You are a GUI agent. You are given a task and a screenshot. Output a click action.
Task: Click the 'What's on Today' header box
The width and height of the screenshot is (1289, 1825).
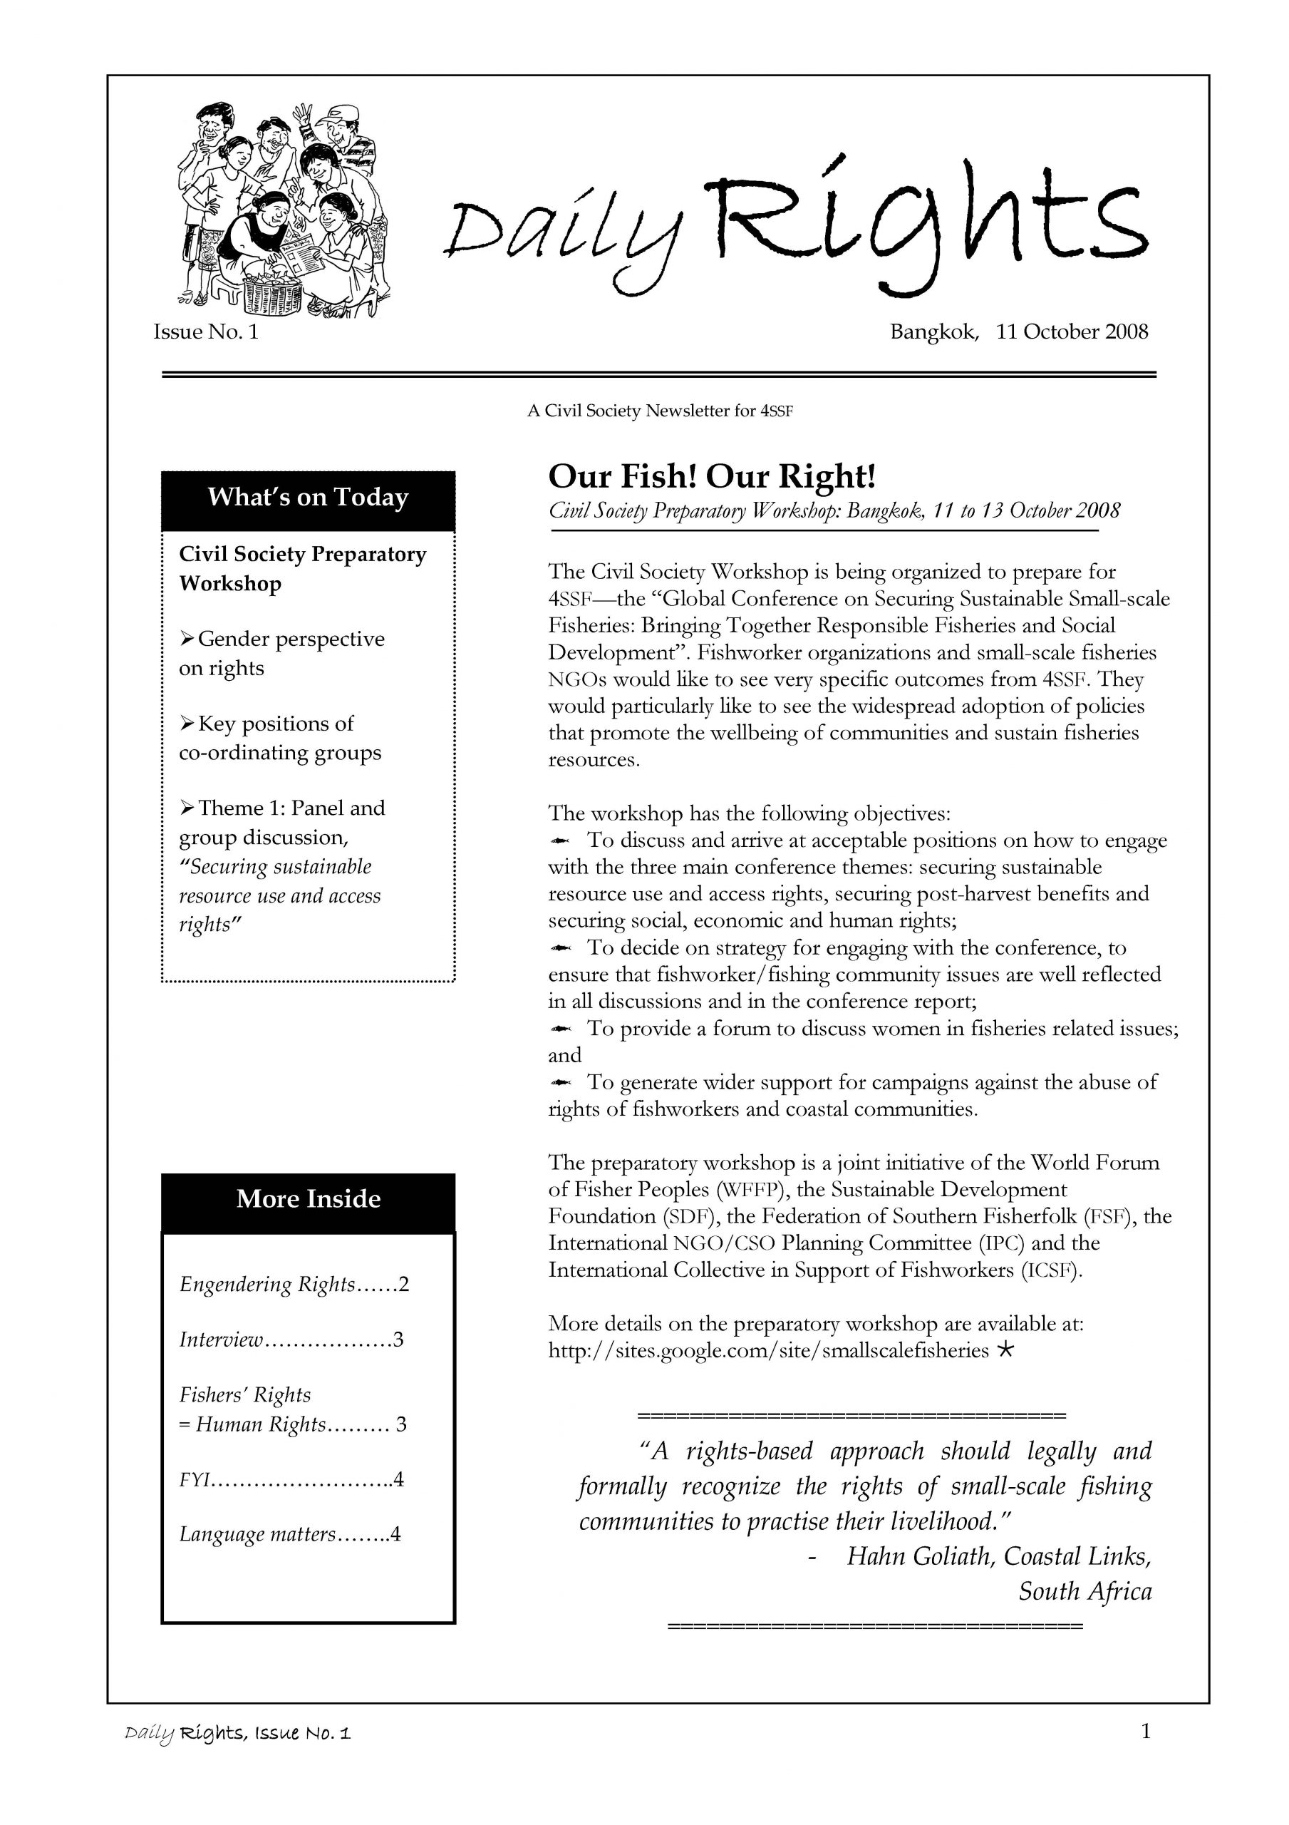click(308, 498)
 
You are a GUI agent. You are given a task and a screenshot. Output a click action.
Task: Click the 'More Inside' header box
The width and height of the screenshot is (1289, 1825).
click(308, 1200)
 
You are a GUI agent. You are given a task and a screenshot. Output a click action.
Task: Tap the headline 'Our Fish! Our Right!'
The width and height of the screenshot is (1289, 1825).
click(711, 477)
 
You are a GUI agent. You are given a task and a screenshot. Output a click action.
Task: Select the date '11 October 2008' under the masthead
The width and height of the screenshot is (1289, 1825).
click(1072, 331)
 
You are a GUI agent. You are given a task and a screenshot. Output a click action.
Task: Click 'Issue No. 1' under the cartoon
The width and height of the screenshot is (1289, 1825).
click(206, 332)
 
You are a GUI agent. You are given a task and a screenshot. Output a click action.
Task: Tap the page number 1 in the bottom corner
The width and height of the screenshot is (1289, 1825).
click(1145, 1730)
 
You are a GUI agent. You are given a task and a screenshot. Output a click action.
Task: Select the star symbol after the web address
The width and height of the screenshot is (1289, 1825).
click(1005, 1349)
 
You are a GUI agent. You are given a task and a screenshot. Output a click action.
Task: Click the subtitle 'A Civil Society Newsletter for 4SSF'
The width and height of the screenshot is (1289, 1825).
click(660, 411)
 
